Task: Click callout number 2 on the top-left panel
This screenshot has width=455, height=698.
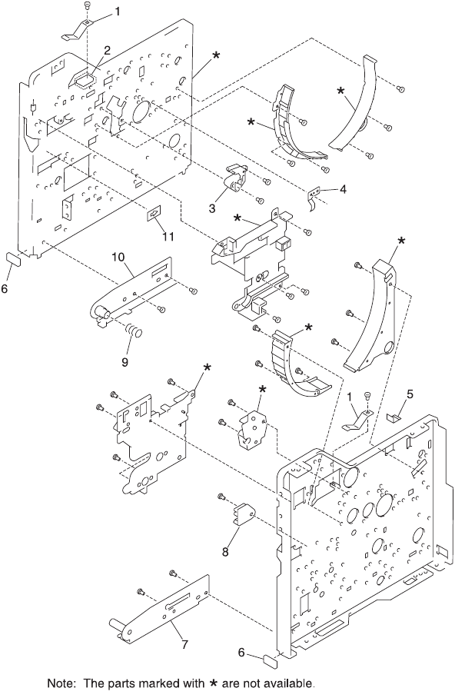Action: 108,50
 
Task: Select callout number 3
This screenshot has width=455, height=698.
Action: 212,208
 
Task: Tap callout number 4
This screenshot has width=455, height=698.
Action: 342,189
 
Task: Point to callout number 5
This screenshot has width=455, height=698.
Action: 410,394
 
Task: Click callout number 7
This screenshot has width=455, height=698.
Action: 184,643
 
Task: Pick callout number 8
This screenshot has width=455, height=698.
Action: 226,553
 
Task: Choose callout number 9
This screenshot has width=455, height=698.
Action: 125,362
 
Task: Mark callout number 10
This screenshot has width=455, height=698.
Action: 118,257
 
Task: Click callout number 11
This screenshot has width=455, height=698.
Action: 168,236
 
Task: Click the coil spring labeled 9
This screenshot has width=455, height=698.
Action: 133,331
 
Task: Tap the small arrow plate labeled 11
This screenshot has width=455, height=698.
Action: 154,213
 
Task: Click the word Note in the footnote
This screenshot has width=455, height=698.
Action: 63,683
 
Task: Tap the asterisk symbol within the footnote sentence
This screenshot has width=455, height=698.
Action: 213,683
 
